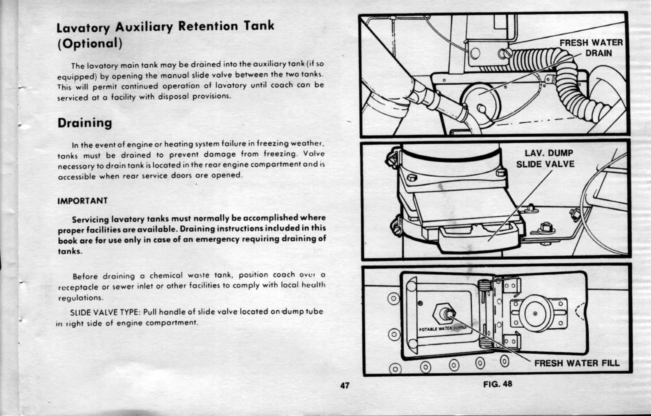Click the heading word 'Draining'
point(85,123)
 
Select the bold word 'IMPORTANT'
point(83,201)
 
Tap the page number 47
point(345,385)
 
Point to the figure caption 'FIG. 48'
point(498,384)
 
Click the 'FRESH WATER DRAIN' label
point(591,48)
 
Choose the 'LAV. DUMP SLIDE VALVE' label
point(546,159)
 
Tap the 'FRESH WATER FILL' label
point(577,363)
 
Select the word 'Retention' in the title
point(208,26)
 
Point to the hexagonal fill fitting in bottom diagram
point(444,314)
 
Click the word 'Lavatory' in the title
point(83,28)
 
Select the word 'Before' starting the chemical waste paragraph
point(85,276)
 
